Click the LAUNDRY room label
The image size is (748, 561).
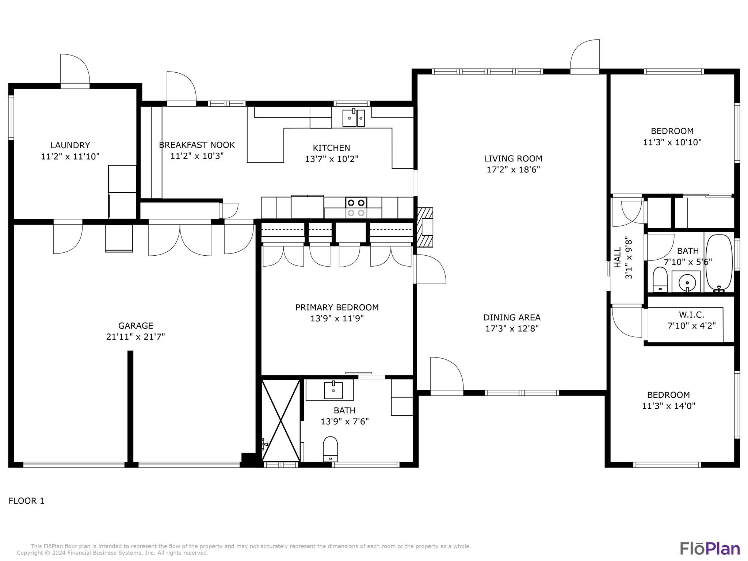[x=70, y=145]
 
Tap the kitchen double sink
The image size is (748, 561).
[x=354, y=118]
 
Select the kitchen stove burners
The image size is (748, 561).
[x=356, y=207]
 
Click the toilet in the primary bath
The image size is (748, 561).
[x=330, y=449]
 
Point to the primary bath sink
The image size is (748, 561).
[x=333, y=390]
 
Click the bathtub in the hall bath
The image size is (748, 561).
[x=719, y=263]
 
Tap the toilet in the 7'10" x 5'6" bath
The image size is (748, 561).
[x=660, y=279]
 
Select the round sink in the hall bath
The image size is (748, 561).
[x=687, y=282]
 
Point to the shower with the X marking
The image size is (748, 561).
[x=281, y=420]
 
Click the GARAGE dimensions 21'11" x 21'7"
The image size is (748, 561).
[x=136, y=337]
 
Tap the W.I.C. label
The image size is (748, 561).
[x=691, y=314]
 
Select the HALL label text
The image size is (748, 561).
[x=617, y=257]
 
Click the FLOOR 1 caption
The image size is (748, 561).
[x=26, y=501]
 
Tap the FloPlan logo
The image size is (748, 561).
[x=710, y=548]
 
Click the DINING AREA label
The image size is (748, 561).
[x=512, y=317]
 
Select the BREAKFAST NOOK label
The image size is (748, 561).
[x=197, y=145]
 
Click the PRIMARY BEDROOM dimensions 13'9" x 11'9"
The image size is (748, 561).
[x=337, y=318]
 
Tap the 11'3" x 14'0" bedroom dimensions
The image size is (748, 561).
[x=669, y=406]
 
